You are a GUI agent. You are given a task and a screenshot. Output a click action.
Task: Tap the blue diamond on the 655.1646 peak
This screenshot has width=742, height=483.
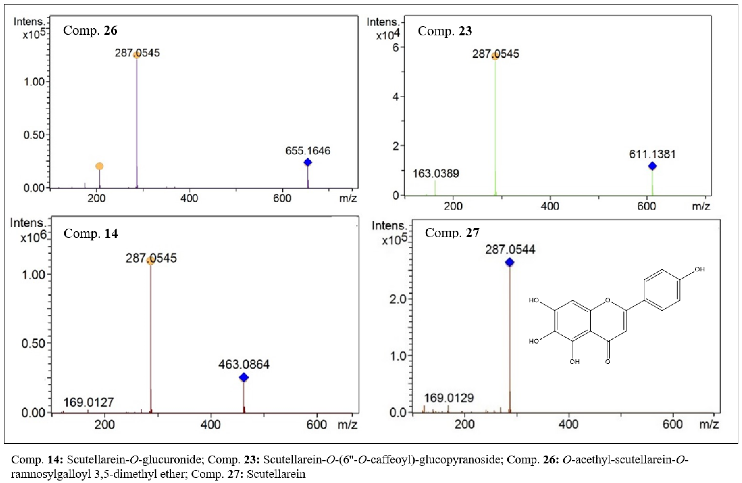point(308,162)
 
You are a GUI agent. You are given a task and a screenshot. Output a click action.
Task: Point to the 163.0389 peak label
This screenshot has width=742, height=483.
point(436,174)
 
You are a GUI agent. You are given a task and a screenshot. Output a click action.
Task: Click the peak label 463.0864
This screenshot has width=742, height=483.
point(244,365)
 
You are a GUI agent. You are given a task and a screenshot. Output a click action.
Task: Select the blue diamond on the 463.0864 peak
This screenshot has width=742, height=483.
point(244,378)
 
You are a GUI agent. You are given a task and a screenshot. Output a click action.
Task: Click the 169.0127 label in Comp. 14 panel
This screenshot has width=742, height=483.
point(88,403)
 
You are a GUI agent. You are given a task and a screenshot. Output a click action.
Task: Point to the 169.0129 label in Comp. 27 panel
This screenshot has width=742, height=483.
point(449,398)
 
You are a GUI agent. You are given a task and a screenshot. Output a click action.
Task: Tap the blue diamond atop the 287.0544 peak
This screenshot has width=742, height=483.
point(510,263)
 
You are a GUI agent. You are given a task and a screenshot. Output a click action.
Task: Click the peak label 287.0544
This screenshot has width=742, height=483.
point(510,250)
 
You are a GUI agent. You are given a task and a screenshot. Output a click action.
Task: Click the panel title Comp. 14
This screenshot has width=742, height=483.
point(91,233)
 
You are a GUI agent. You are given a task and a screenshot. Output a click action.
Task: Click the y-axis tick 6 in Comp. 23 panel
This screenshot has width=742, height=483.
point(396,47)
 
